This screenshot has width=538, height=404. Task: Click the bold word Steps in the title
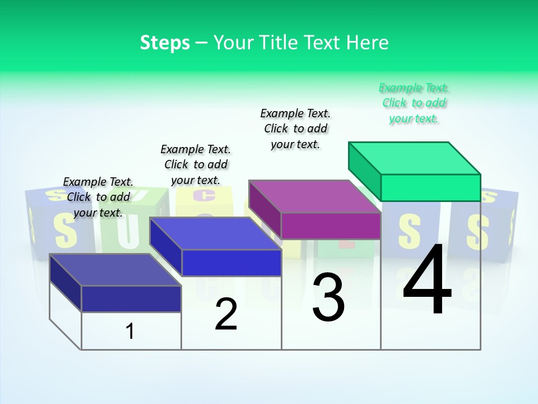click(x=165, y=43)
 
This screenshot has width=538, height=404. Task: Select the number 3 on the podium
click(x=328, y=297)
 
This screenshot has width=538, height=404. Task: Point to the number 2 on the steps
click(x=226, y=315)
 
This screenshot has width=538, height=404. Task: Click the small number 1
click(x=130, y=331)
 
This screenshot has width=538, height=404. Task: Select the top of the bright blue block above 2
click(x=215, y=233)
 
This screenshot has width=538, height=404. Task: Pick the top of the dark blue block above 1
click(x=115, y=270)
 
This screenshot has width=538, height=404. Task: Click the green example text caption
click(x=414, y=103)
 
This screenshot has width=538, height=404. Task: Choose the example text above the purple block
click(x=295, y=128)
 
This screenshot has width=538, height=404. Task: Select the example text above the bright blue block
click(x=196, y=164)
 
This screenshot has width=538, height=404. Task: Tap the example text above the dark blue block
click(x=98, y=197)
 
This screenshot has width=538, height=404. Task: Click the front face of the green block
click(x=430, y=187)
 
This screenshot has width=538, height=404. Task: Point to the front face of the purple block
click(x=331, y=226)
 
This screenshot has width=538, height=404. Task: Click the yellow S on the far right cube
click(x=477, y=232)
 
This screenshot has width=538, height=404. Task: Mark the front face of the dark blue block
click(x=131, y=299)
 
